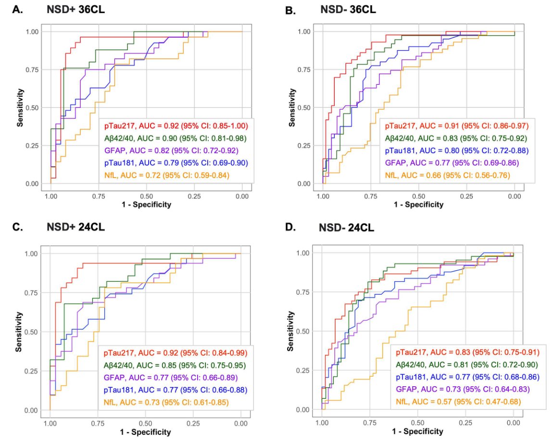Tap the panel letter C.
pos(18,227)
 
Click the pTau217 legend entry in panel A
pos(176,126)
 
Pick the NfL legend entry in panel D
pos(458,401)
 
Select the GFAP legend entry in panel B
pos(452,163)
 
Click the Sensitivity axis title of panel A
pos(20,107)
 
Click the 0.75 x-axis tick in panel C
pos(98,422)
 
